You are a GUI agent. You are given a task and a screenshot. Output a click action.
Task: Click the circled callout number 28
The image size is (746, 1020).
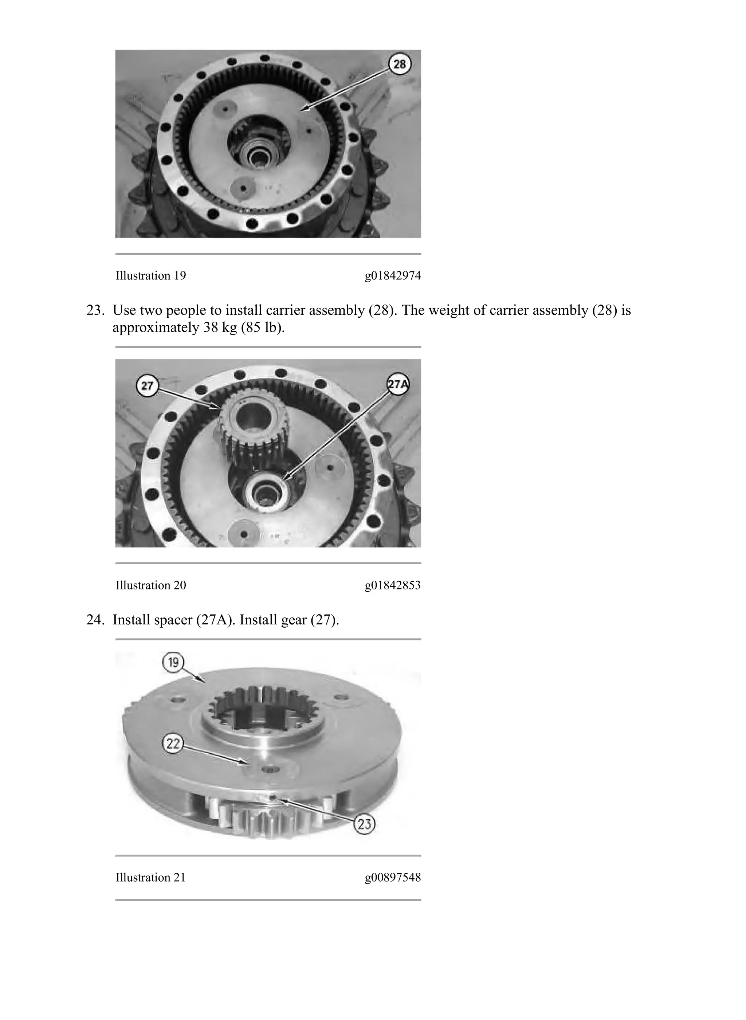point(400,64)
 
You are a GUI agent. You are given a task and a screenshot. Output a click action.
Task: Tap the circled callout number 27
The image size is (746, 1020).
point(147,386)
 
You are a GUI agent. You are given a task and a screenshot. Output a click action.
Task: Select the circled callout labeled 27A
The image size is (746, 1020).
point(397,384)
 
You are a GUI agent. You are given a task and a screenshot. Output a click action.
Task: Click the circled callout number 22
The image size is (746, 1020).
point(173,744)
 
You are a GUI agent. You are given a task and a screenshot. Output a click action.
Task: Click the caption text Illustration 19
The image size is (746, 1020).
point(150,275)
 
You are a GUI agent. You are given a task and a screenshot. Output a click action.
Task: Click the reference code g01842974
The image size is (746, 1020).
point(392,275)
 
